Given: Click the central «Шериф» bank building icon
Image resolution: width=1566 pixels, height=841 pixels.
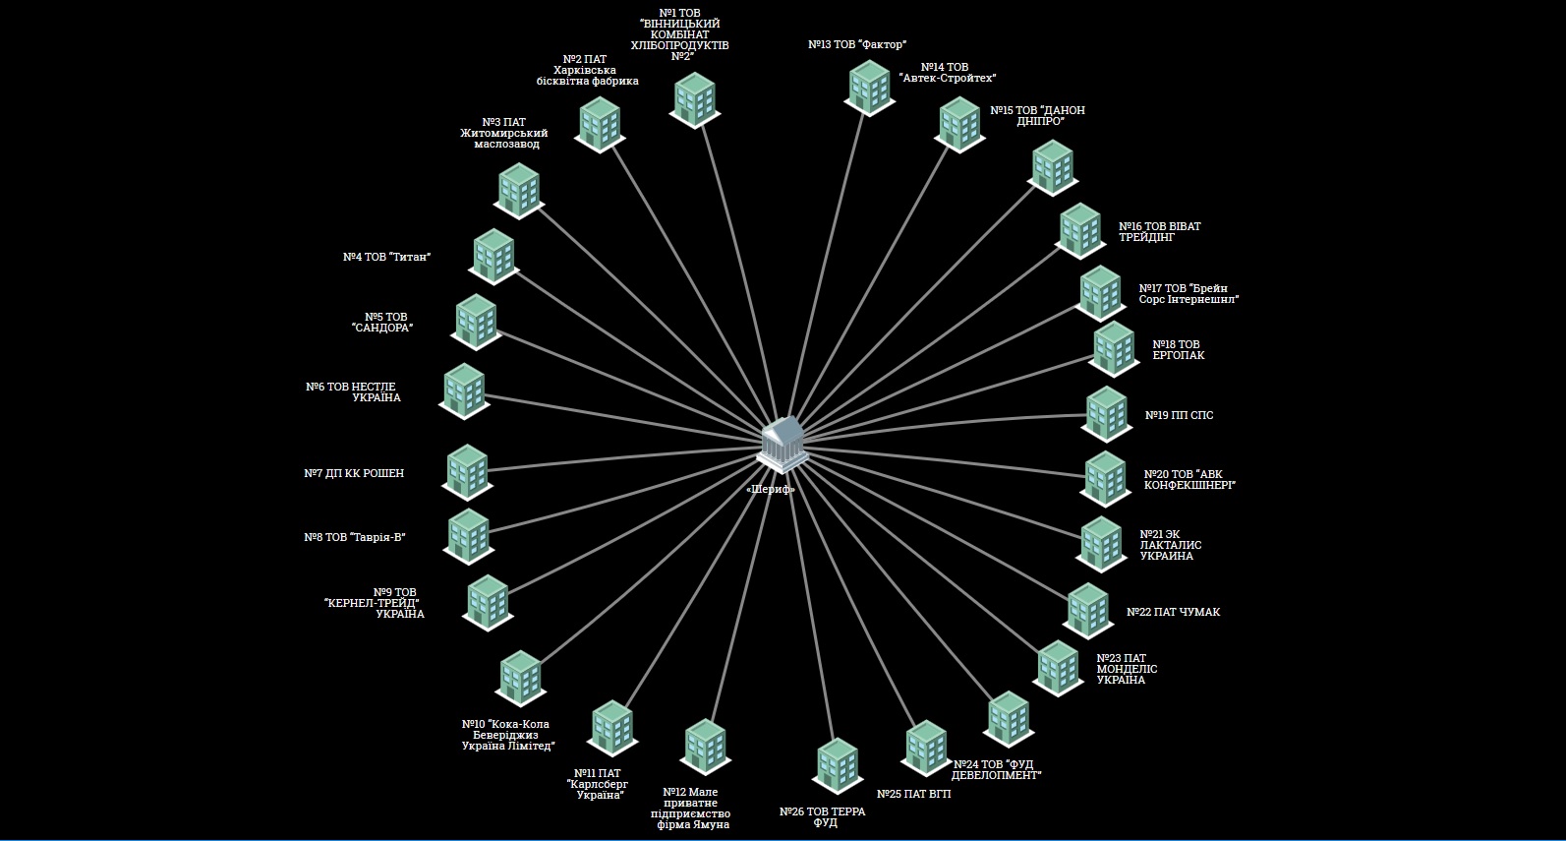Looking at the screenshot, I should [x=783, y=444].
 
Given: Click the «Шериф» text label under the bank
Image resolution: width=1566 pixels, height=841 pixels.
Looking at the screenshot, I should [x=771, y=489].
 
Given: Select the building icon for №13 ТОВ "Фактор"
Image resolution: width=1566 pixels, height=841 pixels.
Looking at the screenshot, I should [x=869, y=87].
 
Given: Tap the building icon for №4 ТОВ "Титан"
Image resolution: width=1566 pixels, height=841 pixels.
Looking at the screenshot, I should [x=493, y=255].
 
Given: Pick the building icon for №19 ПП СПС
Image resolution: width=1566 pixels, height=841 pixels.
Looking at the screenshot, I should [x=1107, y=413].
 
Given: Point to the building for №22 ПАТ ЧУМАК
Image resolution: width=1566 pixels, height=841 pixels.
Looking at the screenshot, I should [x=1088, y=610].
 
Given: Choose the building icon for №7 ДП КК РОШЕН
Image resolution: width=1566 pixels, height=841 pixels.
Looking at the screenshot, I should [x=467, y=471].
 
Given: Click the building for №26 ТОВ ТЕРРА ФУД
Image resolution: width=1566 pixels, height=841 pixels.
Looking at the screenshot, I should [x=838, y=764].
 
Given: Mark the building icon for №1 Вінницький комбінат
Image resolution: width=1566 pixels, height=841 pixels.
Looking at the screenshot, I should [x=694, y=99].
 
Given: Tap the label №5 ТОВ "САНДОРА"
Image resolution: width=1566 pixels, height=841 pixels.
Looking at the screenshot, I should [x=383, y=323].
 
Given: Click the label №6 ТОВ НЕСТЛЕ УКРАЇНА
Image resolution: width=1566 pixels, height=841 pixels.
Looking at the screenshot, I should [x=353, y=392].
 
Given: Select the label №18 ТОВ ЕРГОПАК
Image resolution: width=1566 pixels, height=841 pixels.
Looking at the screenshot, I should [x=1177, y=350].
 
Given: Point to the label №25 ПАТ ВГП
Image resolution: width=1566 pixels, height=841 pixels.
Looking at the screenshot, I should [x=913, y=794].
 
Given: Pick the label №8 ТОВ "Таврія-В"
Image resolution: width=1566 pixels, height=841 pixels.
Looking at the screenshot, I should [x=355, y=537].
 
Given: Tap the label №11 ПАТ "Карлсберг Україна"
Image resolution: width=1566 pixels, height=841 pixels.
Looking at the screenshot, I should [x=597, y=784].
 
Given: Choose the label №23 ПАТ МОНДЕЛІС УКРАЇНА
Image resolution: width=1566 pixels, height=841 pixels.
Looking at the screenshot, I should [x=1127, y=669].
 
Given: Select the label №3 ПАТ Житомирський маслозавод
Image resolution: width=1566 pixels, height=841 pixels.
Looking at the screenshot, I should [x=504, y=134].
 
